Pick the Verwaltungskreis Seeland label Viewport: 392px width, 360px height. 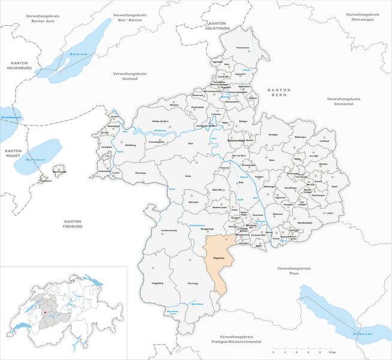[x=130, y=76]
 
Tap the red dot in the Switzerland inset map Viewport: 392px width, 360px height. [x=44, y=313]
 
